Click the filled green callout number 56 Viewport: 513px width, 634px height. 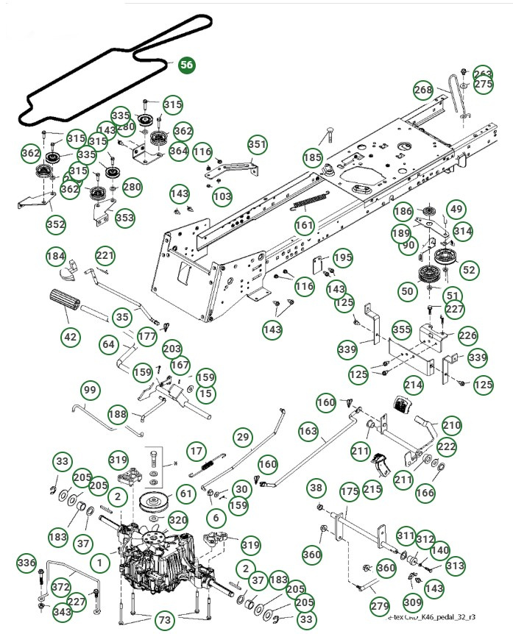[187, 65]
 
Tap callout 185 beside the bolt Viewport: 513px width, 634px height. [313, 157]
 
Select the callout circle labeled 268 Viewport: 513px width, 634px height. [423, 90]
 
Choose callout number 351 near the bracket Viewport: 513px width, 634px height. [256, 144]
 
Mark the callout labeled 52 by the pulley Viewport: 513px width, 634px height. [468, 270]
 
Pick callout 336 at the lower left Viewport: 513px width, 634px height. [26, 563]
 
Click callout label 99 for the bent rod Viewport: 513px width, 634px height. [90, 389]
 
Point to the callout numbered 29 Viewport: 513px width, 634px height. [243, 437]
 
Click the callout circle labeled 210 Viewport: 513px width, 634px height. [451, 425]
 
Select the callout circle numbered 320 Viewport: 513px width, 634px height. [177, 520]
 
